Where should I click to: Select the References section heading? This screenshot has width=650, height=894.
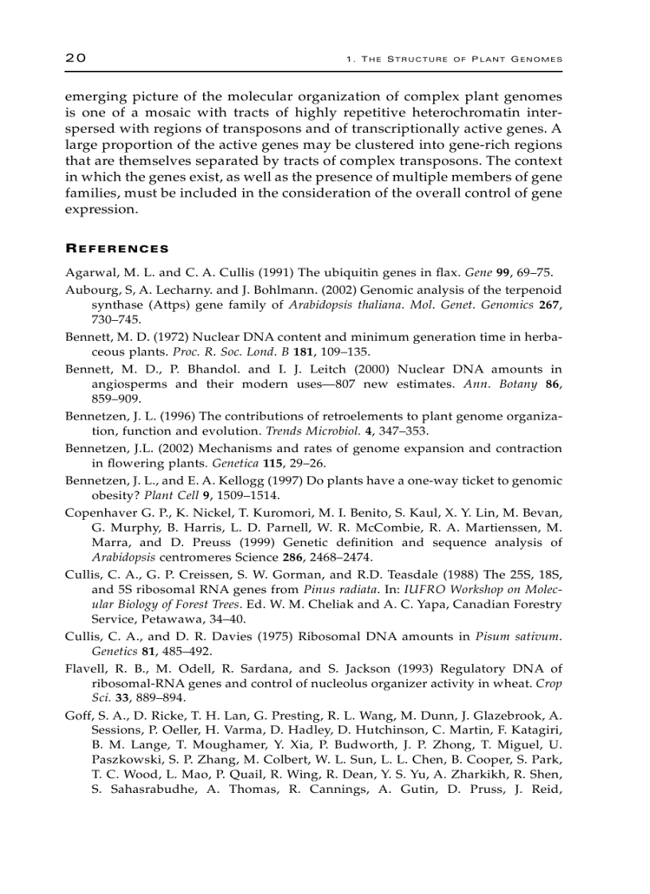tap(116, 248)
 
